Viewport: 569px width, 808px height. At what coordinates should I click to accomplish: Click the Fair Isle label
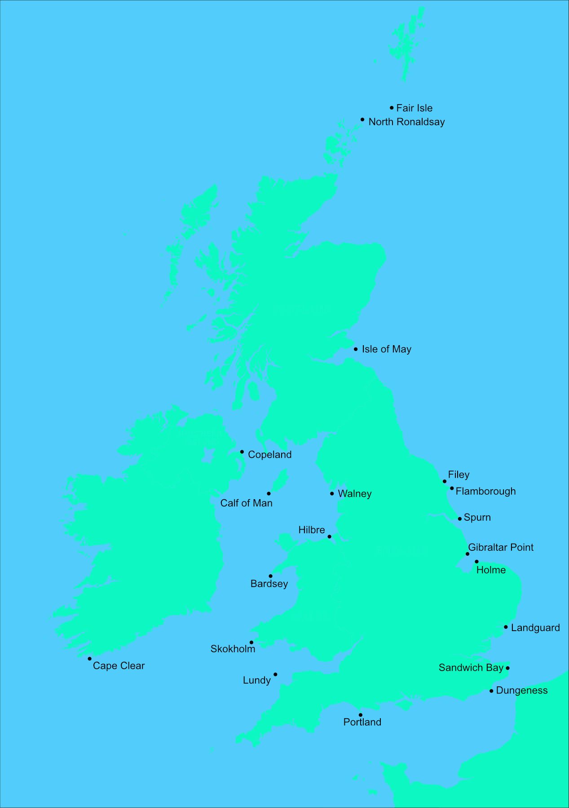tap(414, 108)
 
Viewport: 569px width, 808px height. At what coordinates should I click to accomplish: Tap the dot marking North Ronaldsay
tap(362, 119)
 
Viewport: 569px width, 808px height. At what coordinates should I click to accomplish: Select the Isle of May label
tap(386, 349)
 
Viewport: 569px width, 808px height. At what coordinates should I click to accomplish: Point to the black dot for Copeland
tap(242, 452)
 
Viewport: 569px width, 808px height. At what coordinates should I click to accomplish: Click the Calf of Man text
tap(246, 503)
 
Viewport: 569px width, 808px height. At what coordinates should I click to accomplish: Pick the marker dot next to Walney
tap(332, 494)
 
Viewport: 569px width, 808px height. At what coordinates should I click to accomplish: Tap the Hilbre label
tap(311, 530)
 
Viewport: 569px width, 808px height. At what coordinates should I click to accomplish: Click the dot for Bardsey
tap(270, 576)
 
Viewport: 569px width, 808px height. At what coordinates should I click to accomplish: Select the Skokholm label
tap(233, 649)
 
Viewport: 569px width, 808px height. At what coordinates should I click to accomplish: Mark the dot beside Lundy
tap(275, 674)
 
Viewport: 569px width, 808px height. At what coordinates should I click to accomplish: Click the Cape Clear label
tap(119, 666)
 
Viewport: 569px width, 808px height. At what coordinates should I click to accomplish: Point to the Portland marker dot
tap(360, 715)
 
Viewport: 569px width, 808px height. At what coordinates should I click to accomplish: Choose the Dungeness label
tap(521, 690)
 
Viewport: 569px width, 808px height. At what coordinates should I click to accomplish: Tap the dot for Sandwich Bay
tap(507, 668)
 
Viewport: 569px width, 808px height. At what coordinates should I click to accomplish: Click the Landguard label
tap(535, 628)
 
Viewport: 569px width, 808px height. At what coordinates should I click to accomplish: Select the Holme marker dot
tap(476, 562)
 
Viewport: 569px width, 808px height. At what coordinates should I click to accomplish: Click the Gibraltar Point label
tap(501, 548)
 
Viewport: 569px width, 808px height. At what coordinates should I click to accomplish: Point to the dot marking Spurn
tap(459, 519)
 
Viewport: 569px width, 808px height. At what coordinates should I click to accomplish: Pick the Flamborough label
tap(485, 492)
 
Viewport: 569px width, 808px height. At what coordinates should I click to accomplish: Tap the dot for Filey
tap(445, 481)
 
